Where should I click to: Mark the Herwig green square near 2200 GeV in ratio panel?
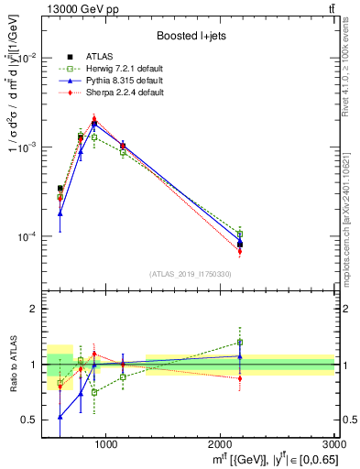point(240,343)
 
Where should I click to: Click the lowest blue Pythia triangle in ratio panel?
point(60,417)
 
